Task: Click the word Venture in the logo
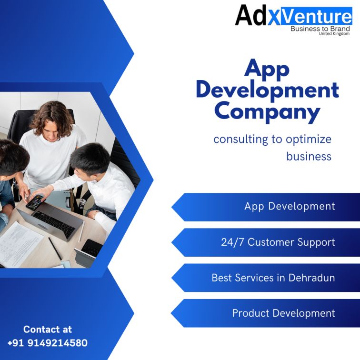click(x=316, y=16)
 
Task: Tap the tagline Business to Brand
click(x=320, y=29)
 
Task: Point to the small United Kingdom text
click(x=334, y=33)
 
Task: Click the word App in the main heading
click(x=267, y=70)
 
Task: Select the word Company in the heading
click(x=267, y=112)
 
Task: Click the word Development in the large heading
click(x=268, y=90)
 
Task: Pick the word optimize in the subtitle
click(x=309, y=140)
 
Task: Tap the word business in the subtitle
click(x=309, y=156)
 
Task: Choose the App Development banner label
click(x=290, y=206)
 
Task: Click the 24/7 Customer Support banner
click(x=278, y=242)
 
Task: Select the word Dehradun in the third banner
click(x=311, y=278)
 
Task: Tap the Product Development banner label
click(x=283, y=313)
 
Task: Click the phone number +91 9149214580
click(x=48, y=343)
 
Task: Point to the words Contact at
click(x=48, y=330)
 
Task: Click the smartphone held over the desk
click(x=35, y=202)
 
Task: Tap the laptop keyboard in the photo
click(x=54, y=224)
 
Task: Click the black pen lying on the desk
click(x=55, y=249)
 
